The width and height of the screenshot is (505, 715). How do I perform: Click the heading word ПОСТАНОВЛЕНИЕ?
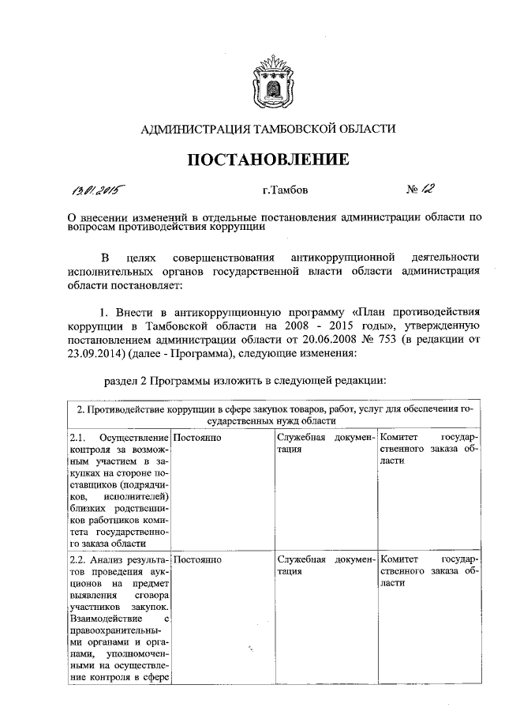[267, 160]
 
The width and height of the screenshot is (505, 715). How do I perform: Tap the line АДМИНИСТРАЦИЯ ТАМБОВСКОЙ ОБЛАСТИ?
[267, 128]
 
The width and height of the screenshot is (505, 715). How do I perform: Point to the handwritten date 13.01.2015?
[100, 190]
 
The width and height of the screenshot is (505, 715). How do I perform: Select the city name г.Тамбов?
[286, 190]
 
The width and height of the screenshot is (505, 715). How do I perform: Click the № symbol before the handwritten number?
[412, 190]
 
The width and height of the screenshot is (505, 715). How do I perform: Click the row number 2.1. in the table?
[77, 438]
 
